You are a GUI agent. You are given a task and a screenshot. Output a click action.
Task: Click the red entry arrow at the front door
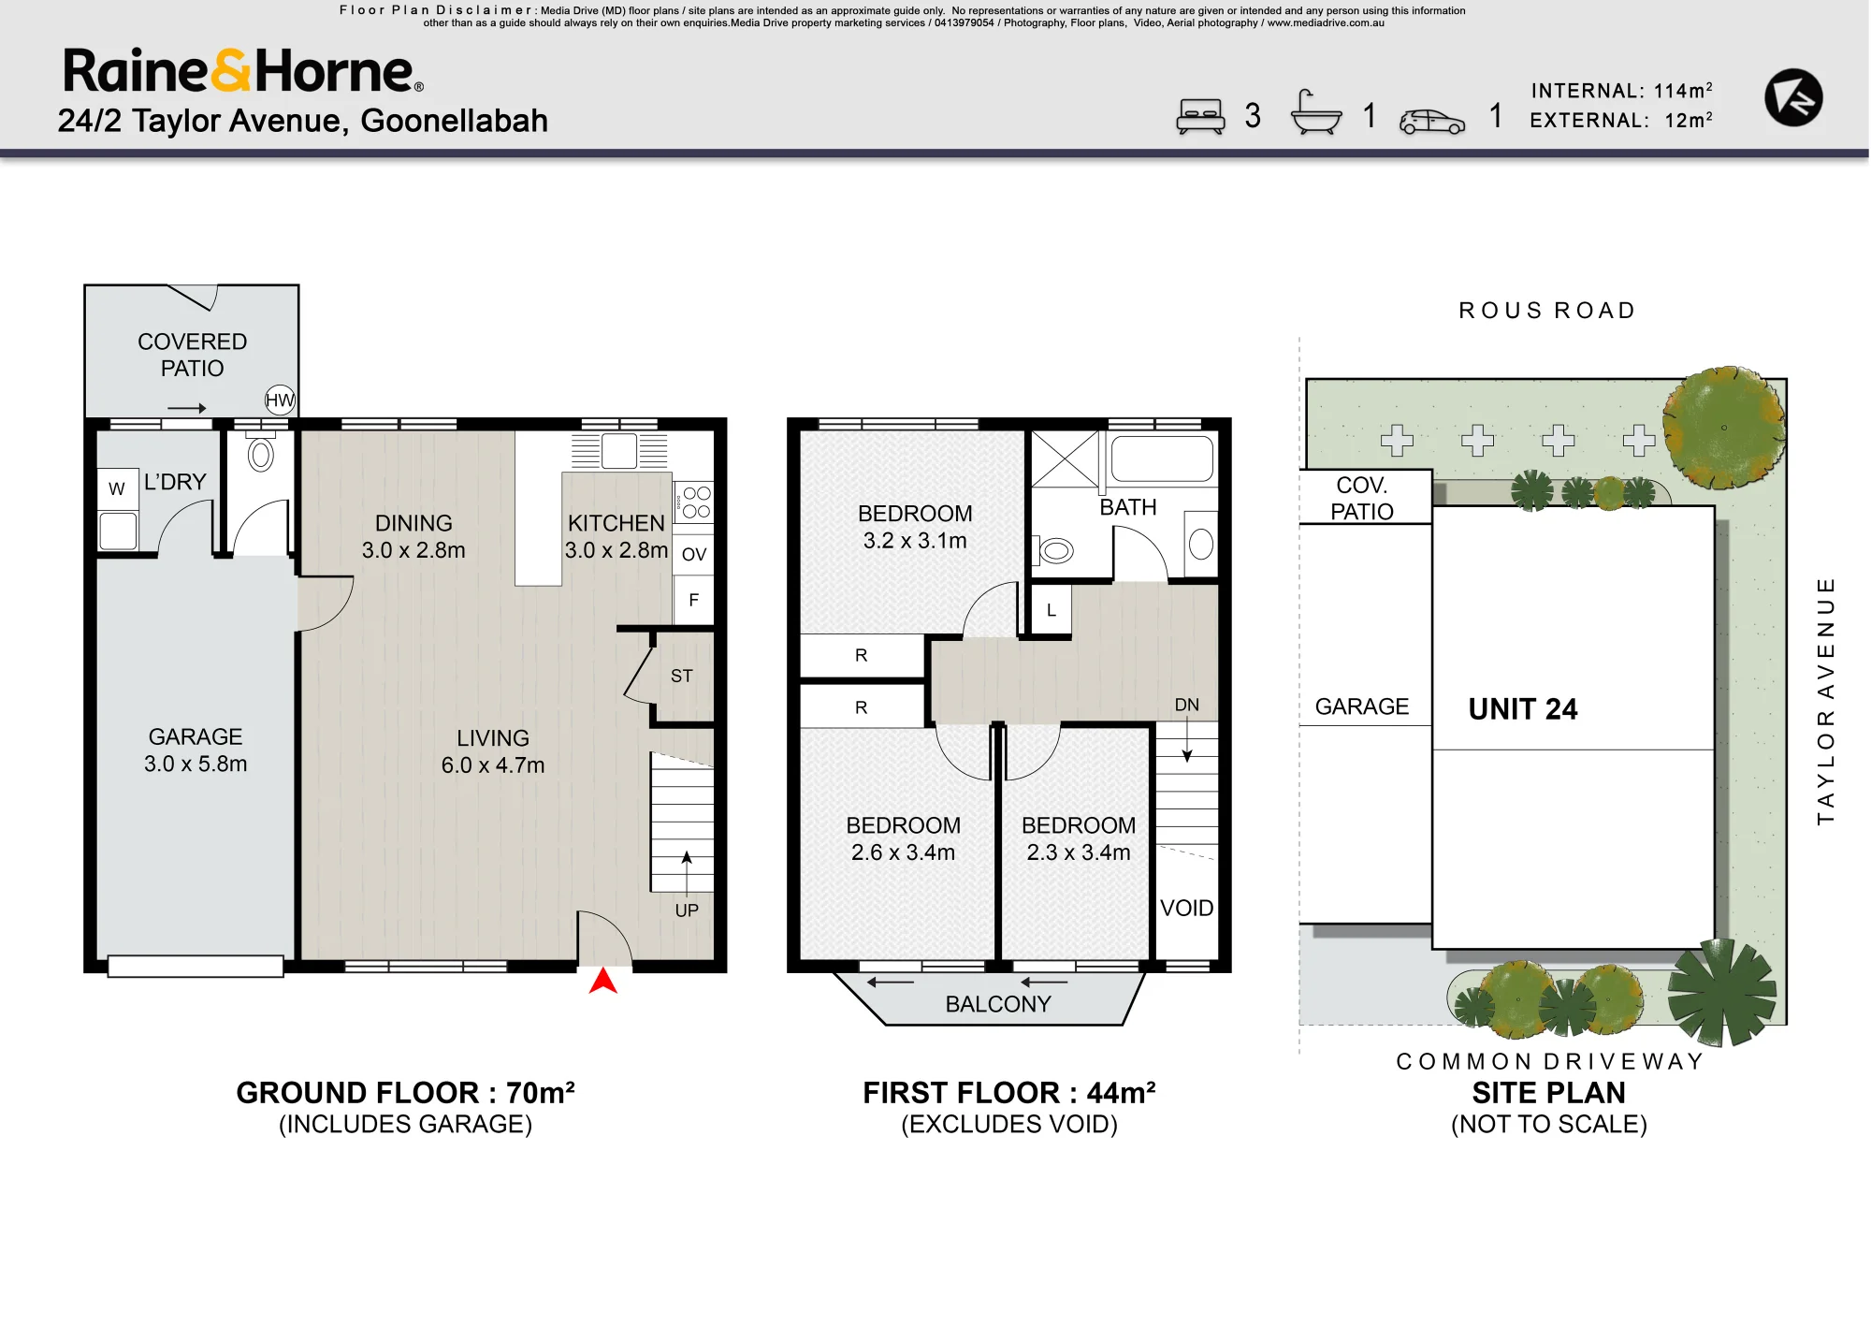tap(603, 981)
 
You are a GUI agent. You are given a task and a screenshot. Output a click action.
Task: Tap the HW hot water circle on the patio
tap(280, 400)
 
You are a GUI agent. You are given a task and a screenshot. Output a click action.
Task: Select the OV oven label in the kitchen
tap(693, 554)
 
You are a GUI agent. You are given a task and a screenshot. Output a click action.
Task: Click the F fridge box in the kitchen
tap(693, 600)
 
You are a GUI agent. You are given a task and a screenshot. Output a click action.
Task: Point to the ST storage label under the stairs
tap(682, 676)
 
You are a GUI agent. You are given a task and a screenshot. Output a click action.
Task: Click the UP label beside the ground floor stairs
tap(687, 910)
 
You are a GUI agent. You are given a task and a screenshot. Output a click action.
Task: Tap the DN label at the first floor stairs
tap(1187, 705)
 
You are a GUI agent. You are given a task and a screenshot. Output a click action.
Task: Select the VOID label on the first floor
tap(1187, 908)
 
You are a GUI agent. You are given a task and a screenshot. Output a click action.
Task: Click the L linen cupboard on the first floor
tap(1052, 610)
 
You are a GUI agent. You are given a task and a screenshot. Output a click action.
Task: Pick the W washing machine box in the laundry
tap(117, 488)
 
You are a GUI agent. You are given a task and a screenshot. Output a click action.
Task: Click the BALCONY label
tap(998, 1004)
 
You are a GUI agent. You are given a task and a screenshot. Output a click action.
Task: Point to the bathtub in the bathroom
tap(1162, 459)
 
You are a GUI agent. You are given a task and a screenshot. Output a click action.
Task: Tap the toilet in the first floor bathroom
tap(1053, 551)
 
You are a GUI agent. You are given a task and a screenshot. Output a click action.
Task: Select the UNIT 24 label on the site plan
tap(1523, 709)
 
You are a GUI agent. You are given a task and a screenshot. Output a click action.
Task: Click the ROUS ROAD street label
tap(1547, 311)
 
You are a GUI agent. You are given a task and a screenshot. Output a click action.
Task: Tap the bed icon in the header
tap(1200, 117)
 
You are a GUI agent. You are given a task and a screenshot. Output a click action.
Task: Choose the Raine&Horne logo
tap(243, 71)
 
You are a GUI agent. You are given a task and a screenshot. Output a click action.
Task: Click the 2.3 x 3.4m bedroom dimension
tap(1079, 852)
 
